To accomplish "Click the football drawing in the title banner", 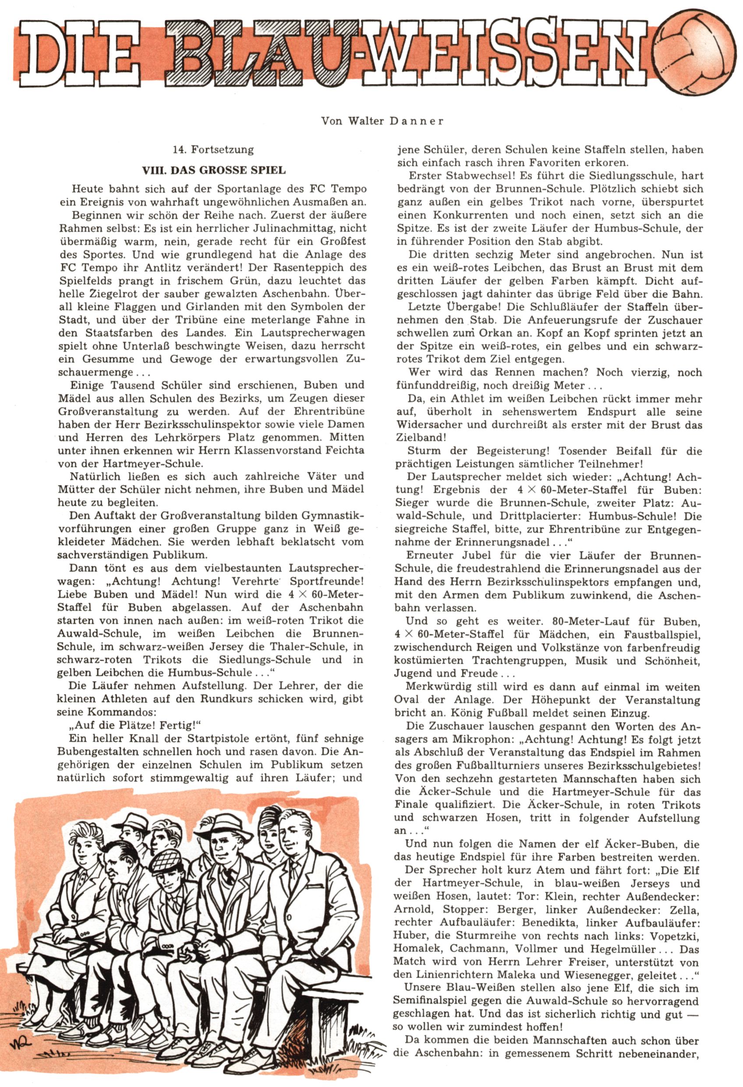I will coord(697,56).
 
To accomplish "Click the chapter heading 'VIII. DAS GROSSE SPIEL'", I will coord(214,170).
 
